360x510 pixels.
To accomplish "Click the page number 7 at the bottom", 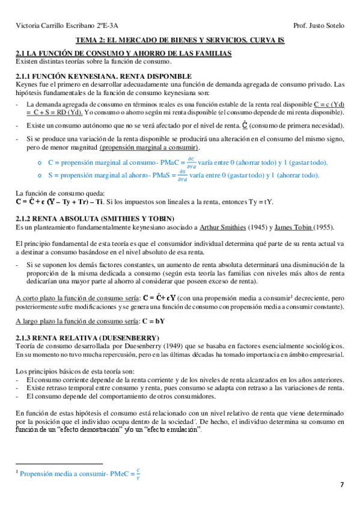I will (342, 485).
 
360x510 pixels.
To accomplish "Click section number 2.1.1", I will (26, 76).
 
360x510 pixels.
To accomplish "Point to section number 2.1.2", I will (26, 218).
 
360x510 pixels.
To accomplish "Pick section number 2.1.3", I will (26, 338).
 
